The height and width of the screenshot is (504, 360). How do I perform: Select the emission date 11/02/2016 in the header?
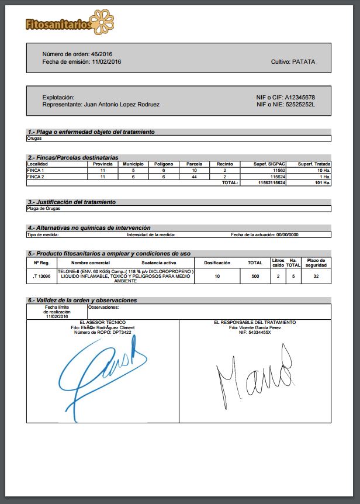point(106,61)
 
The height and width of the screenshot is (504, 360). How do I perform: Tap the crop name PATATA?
point(303,61)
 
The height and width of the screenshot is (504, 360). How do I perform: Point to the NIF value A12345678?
point(300,97)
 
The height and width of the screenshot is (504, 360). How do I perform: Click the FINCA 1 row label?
point(36,170)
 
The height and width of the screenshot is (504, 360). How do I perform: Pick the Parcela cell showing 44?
point(194,177)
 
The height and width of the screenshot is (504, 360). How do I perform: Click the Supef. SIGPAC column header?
point(269,164)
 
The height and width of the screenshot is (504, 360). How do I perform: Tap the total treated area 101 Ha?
point(323,183)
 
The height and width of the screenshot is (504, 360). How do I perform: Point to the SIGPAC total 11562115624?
point(271,183)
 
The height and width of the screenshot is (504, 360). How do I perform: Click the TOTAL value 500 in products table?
point(255,276)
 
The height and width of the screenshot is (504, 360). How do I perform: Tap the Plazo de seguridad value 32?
point(316,276)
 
